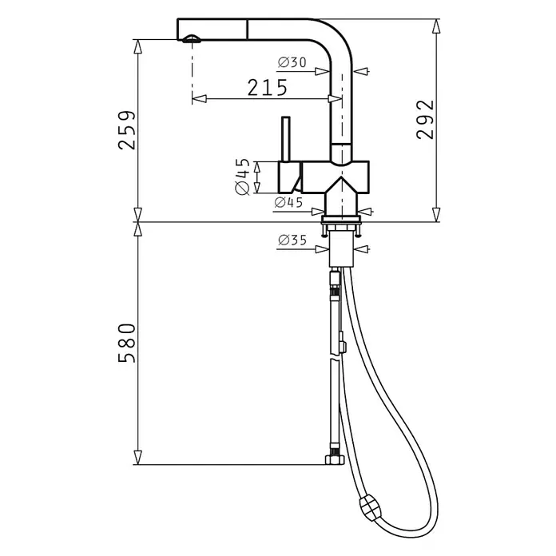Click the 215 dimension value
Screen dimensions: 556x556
[x=267, y=88]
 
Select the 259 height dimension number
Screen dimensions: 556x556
[x=127, y=130]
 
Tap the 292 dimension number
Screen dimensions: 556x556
[x=425, y=120]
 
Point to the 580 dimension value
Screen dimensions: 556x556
[x=127, y=343]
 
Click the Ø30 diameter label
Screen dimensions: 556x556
[x=292, y=62]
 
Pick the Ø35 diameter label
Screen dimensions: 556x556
[x=292, y=240]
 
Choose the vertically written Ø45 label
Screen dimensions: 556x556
[x=243, y=177]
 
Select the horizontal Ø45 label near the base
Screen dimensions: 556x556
[x=288, y=202]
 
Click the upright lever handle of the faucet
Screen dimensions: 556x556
[x=286, y=139]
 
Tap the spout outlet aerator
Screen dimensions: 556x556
[x=192, y=38]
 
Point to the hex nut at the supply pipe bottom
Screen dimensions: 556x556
[x=335, y=460]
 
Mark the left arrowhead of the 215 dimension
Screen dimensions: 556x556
[x=199, y=98]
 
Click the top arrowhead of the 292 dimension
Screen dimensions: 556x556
[x=436, y=26]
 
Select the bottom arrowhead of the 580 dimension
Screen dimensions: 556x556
[x=138, y=457]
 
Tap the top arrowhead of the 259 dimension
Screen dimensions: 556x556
[x=138, y=46]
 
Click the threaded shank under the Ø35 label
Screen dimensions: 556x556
[x=341, y=248]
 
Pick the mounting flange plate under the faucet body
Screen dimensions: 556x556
[x=341, y=219]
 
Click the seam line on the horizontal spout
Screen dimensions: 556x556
[x=247, y=30]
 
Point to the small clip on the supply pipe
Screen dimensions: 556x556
[x=342, y=343]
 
